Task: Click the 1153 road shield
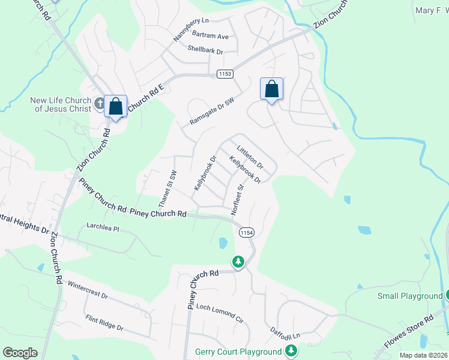click(x=224, y=74)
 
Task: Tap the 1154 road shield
click(x=246, y=232)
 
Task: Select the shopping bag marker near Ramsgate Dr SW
click(x=271, y=89)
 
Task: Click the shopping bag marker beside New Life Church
click(x=115, y=106)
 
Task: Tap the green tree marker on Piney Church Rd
click(x=238, y=262)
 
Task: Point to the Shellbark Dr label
click(x=205, y=50)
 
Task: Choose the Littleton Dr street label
click(x=250, y=155)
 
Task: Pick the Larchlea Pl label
click(x=104, y=229)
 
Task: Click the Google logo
click(x=20, y=353)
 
